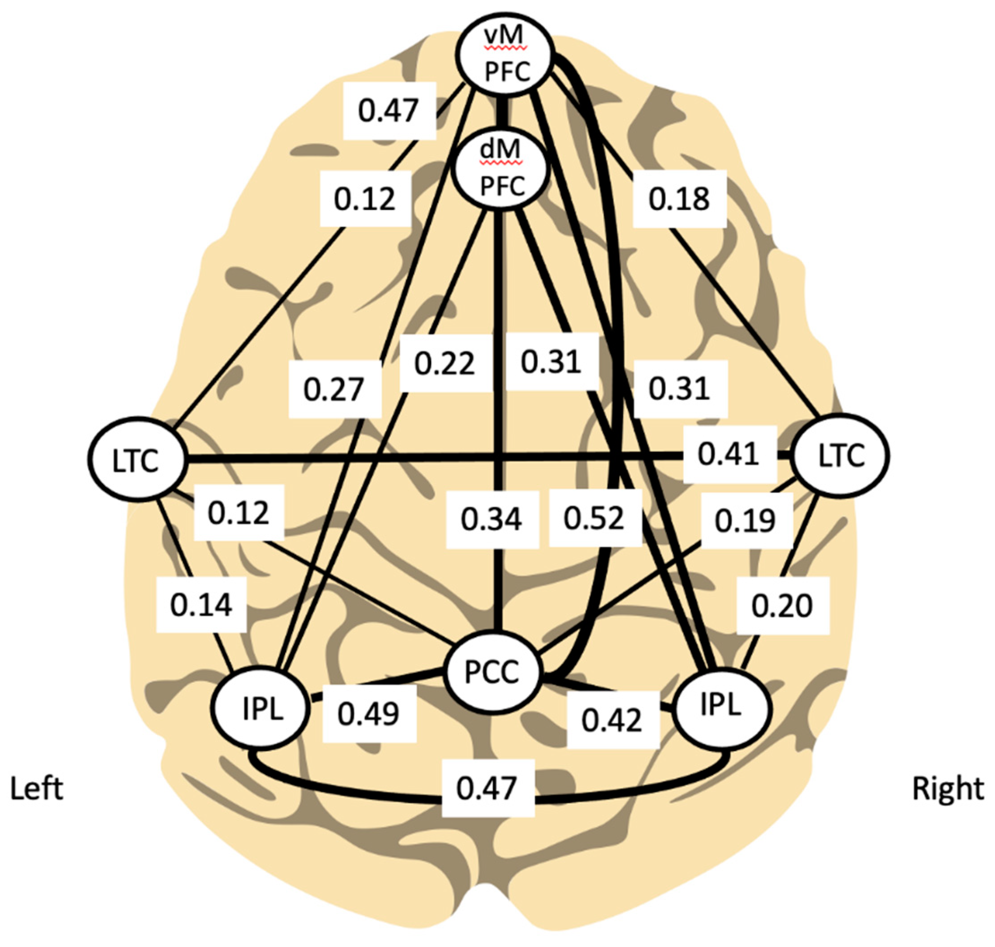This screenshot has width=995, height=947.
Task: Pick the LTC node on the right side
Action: point(841,456)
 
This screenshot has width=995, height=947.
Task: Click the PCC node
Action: point(491,672)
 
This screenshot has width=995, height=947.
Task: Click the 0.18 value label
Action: point(680,199)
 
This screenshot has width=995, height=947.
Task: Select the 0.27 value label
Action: point(334,389)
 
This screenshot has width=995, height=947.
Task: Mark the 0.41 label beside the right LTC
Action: point(729,454)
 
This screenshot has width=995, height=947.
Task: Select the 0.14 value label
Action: point(201,605)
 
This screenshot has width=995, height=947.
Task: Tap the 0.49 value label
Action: point(369,714)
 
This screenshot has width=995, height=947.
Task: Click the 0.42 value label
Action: point(612,720)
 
